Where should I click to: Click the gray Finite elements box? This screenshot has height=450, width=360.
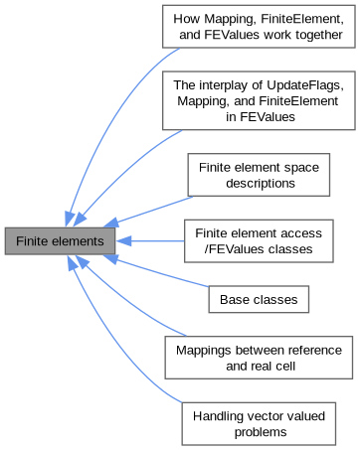[60, 241]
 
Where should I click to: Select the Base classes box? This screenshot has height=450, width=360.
[259, 299]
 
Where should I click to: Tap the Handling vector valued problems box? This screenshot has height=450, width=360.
[259, 424]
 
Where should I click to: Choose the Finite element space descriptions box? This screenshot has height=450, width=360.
[259, 175]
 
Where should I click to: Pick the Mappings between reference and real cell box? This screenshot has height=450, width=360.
[259, 358]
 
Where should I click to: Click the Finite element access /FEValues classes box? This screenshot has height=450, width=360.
[259, 241]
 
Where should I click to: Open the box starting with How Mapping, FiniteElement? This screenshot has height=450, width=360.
[259, 27]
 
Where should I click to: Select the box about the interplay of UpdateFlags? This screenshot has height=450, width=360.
[259, 100]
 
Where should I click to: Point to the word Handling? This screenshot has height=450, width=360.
[218, 416]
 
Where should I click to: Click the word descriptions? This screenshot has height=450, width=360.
[261, 183]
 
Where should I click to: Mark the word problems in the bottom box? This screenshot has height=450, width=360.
[261, 432]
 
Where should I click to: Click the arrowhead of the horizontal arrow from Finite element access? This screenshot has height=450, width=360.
[124, 241]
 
